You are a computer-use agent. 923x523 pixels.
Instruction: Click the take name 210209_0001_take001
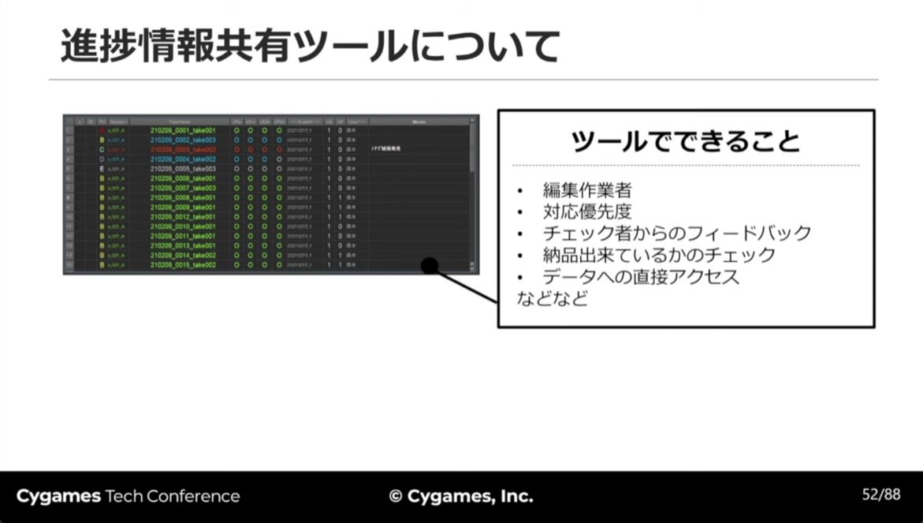click(x=183, y=130)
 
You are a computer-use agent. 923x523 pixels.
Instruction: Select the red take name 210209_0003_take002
click(x=183, y=149)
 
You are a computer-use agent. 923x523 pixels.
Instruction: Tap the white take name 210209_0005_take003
click(x=183, y=169)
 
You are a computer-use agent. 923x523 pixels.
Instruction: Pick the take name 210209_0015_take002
click(x=183, y=265)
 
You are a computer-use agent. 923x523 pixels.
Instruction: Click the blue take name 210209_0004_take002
click(x=183, y=159)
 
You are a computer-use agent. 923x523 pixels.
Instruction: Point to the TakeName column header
click(x=180, y=121)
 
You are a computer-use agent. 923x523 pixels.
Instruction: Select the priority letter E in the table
click(x=102, y=169)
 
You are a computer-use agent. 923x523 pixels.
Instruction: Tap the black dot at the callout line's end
click(x=430, y=266)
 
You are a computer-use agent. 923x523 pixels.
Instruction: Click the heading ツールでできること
click(x=685, y=141)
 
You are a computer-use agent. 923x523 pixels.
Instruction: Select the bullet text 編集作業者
click(x=586, y=190)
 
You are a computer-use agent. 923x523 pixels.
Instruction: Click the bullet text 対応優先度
click(x=586, y=211)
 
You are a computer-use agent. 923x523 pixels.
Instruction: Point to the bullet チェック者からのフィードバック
click(x=676, y=233)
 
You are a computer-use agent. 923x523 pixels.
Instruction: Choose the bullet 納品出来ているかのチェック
click(x=658, y=256)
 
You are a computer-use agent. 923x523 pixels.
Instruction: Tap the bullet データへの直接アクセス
click(x=641, y=278)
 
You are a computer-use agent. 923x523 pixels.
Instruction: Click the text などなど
click(x=552, y=299)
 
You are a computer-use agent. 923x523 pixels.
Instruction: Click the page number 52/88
click(x=880, y=495)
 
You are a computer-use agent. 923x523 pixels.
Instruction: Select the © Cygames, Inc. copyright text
click(x=461, y=496)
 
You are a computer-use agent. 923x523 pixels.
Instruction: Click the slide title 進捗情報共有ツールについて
click(x=310, y=47)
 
